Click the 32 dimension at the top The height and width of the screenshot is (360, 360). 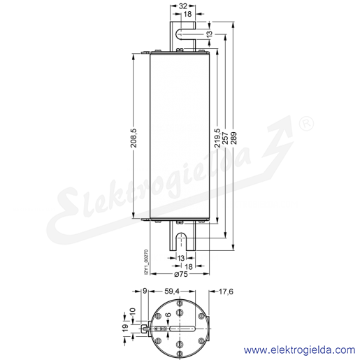click(182, 6)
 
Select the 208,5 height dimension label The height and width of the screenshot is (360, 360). click(134, 138)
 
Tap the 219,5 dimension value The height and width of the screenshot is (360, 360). click(217, 138)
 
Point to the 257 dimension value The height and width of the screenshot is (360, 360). click(225, 138)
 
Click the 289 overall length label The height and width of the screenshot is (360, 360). click(233, 138)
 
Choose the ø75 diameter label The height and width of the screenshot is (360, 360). click(181, 274)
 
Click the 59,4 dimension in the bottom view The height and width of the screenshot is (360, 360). click(172, 291)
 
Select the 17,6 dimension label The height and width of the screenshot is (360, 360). click(226, 291)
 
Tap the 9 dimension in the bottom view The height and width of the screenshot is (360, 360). click(145, 291)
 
